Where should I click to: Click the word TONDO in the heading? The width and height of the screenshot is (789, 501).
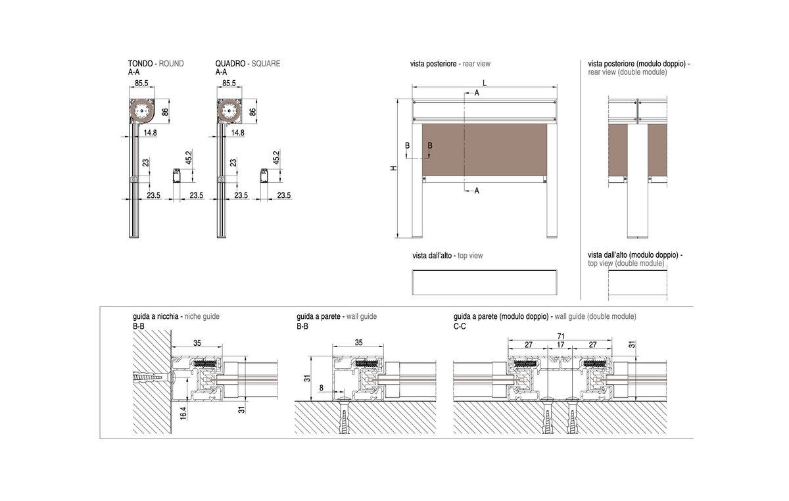tap(140, 63)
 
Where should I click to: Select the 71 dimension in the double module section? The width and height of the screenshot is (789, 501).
tap(561, 336)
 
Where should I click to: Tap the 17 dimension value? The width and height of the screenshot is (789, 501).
tap(560, 345)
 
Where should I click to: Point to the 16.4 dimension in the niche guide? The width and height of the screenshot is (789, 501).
tap(183, 412)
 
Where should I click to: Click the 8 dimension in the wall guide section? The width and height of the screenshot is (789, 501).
tap(322, 388)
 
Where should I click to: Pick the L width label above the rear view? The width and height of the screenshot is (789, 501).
tap(485, 83)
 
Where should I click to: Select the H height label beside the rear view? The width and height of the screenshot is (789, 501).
tap(394, 168)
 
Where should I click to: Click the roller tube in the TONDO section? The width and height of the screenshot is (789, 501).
tap(141, 111)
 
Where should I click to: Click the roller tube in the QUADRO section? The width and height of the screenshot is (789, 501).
tap(229, 111)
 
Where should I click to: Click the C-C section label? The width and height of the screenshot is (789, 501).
tap(460, 327)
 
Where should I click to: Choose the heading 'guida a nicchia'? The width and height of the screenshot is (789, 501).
tap(156, 316)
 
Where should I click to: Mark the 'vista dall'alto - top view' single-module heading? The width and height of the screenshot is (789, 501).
tap(448, 256)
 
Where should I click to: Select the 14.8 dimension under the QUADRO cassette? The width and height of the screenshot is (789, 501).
tap(238, 133)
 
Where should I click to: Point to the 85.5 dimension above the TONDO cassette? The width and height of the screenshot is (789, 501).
tap(141, 83)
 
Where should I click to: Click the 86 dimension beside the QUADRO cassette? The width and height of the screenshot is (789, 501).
tap(252, 112)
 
